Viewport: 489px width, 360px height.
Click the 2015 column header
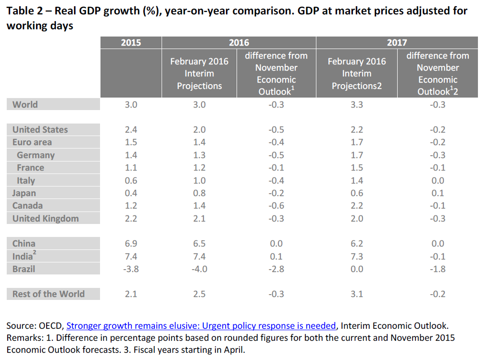coord(131,42)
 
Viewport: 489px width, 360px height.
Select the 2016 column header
coord(239,42)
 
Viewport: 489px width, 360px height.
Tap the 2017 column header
coord(397,42)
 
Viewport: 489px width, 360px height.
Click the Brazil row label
coord(24,269)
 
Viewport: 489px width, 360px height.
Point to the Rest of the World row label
coord(49,294)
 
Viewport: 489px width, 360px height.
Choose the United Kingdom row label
coord(46,218)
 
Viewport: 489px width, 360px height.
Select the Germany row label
coord(36,155)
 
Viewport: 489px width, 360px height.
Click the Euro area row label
coord(32,142)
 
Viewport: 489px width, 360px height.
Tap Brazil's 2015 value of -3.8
coord(131,269)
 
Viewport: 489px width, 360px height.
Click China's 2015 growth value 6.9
coord(131,243)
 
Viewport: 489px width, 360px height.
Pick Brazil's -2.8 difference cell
coord(276,269)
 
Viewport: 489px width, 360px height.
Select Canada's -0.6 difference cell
coord(276,206)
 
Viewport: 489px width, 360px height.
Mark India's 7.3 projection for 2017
coord(357,256)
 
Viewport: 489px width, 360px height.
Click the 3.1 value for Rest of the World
coord(357,294)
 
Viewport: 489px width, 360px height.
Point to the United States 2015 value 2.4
coord(131,130)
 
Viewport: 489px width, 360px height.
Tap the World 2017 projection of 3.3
coord(357,104)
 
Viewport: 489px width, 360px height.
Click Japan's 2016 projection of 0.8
coord(200,193)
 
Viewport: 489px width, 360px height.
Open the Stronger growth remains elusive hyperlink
coord(201,325)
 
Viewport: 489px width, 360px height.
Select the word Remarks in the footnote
coord(24,337)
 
